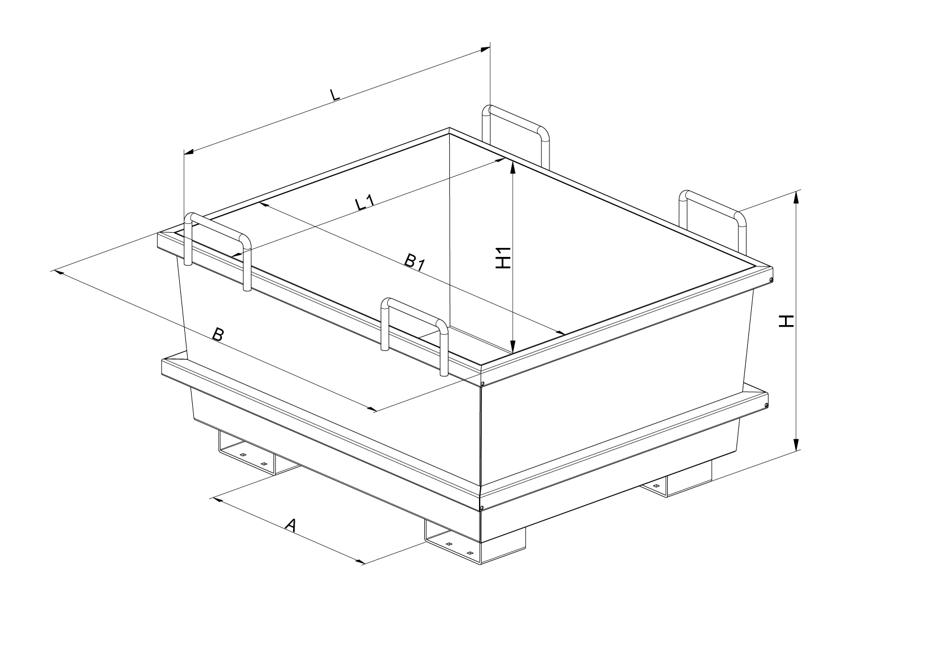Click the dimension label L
point(335,94)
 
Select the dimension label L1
point(365,202)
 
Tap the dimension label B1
point(414,261)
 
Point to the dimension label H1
point(504,257)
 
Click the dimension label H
point(787,321)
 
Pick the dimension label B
point(218,335)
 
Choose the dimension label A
point(291,525)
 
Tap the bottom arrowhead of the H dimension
point(796,443)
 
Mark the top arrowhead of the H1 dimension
point(513,168)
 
